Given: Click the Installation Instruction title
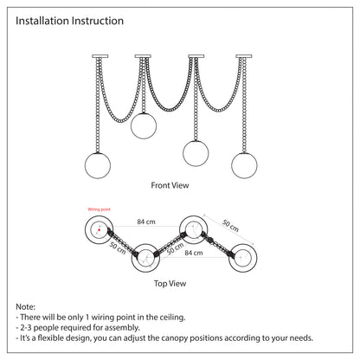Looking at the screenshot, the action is (69, 21).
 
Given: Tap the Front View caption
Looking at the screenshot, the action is (170, 185).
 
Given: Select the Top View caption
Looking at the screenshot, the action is (170, 284).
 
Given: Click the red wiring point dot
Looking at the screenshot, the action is (99, 230).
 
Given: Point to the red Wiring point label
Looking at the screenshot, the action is (99, 209).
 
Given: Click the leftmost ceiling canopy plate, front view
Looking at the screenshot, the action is (100, 56).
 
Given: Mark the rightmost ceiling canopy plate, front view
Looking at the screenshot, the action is (244, 56).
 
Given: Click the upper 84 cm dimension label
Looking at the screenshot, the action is (146, 222).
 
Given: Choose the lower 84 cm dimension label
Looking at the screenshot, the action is (194, 253).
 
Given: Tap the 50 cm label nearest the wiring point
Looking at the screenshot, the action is (118, 248).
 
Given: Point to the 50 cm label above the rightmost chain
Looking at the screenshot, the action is (230, 226).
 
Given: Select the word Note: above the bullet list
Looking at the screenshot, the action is (26, 306).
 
